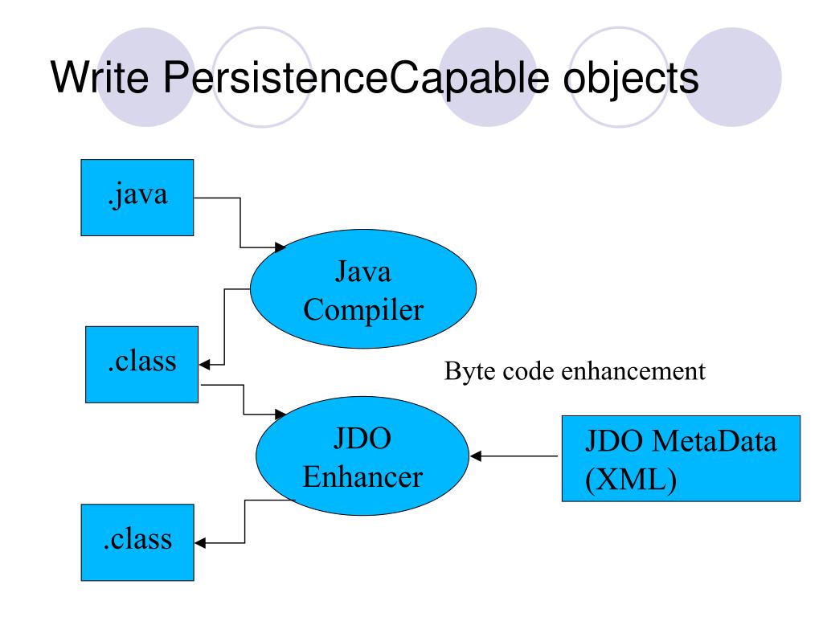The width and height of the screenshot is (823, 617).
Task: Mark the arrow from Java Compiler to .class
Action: click(x=223, y=329)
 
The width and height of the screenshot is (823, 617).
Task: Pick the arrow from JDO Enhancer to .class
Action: click(x=244, y=522)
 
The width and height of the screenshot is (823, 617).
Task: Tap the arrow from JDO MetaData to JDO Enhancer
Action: click(x=514, y=456)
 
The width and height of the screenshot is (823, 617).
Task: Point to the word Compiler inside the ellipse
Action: click(x=363, y=310)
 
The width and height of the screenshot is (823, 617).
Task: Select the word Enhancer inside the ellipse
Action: click(x=362, y=477)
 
